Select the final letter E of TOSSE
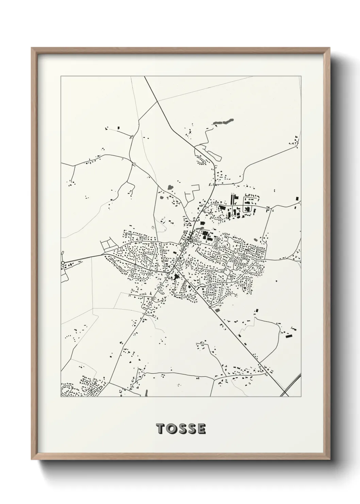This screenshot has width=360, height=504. coord(201,429)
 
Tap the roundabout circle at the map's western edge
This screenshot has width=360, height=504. coord(63,263)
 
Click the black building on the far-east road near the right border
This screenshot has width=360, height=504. coord(297,198)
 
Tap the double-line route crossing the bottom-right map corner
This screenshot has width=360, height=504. coord(292,385)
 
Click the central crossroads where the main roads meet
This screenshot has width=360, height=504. coord(176,262)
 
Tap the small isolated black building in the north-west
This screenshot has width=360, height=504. coord(118,128)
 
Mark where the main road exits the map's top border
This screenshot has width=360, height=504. coord(145,77)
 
